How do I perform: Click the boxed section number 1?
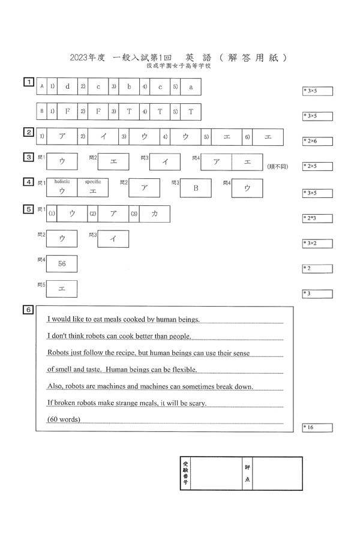28,82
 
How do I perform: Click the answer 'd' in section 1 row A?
67,86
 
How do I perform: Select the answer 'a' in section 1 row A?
191,86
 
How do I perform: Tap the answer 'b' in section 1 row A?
129,86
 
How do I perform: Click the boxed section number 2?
28,132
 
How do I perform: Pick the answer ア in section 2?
62,137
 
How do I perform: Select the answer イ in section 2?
103,137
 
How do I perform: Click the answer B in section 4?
195,188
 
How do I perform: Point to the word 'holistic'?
62,181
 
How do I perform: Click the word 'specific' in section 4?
93,181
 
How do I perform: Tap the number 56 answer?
62,263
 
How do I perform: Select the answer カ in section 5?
154,214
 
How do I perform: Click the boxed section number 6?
28,310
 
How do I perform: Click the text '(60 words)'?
64,419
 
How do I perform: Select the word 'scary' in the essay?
197,403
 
